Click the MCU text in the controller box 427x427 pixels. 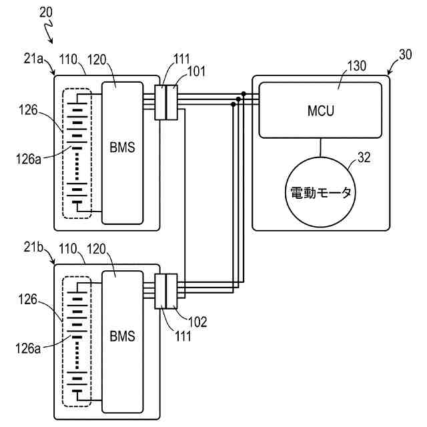[320, 111]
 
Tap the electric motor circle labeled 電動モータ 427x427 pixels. [320, 192]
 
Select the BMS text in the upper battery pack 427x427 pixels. [122, 147]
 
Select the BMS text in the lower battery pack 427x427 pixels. [122, 336]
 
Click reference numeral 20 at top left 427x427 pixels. [46, 12]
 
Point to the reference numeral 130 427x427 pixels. [356, 66]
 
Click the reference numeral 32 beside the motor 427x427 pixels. [364, 157]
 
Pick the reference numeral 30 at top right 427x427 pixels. [405, 55]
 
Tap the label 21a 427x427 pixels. [33, 59]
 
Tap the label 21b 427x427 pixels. [33, 248]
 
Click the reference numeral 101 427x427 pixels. [196, 71]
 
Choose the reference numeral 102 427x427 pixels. [197, 322]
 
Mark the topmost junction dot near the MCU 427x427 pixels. [244, 94]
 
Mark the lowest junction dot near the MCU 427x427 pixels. [233, 104]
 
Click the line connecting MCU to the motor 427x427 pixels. [320, 147]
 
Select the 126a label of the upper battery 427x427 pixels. [29, 159]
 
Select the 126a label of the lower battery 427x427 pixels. [28, 348]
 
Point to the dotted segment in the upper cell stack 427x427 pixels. [77, 166]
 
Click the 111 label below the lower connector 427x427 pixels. [183, 336]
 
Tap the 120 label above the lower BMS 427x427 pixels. [96, 249]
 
